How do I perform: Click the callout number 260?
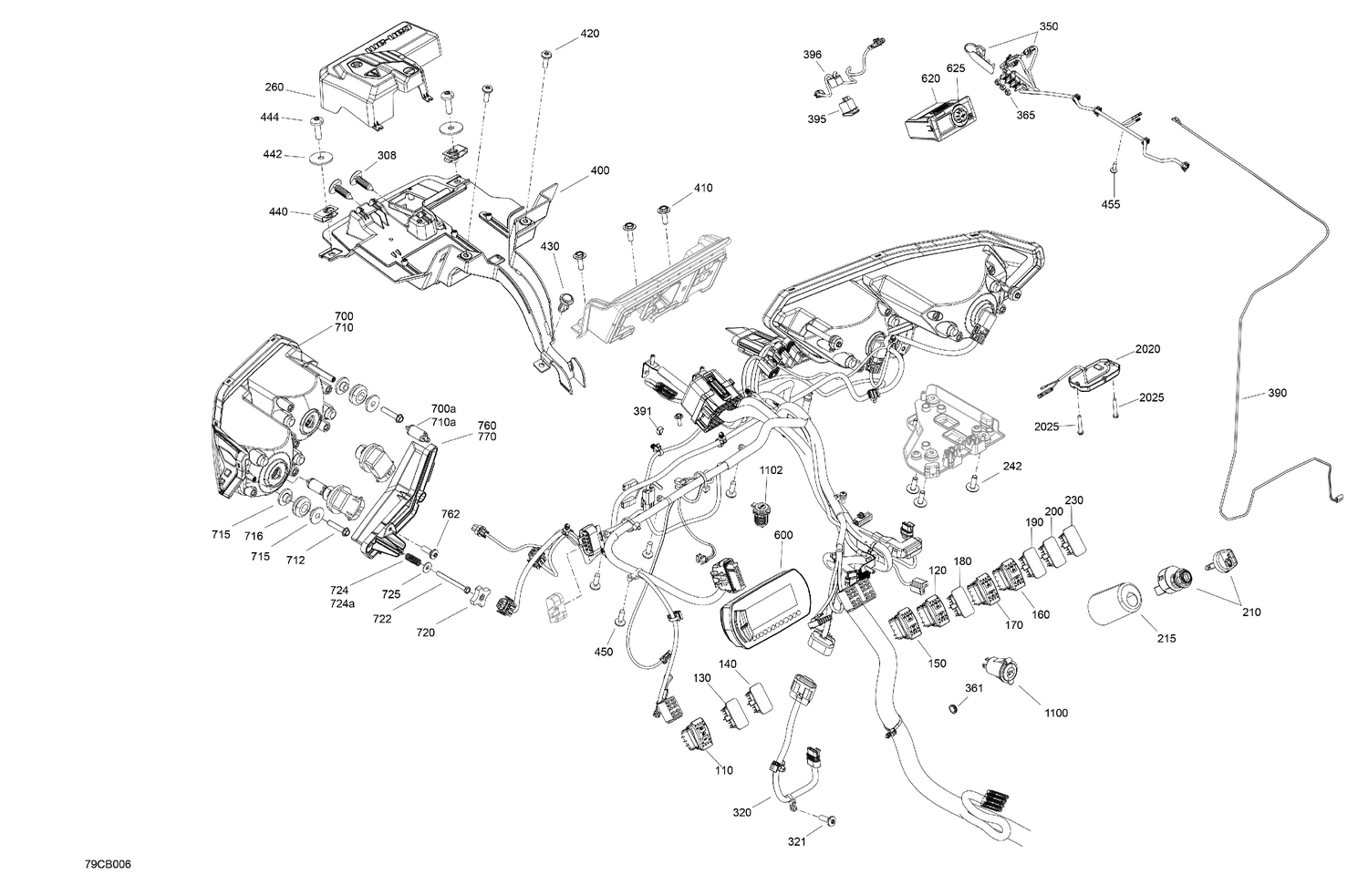[274, 88]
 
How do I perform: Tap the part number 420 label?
[589, 34]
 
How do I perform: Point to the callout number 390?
[1277, 393]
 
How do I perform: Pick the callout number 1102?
[771, 470]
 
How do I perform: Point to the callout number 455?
[1110, 204]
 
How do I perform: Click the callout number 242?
[1011, 466]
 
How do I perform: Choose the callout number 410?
[702, 188]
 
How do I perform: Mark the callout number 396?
[812, 55]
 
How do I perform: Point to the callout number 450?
[603, 652]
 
